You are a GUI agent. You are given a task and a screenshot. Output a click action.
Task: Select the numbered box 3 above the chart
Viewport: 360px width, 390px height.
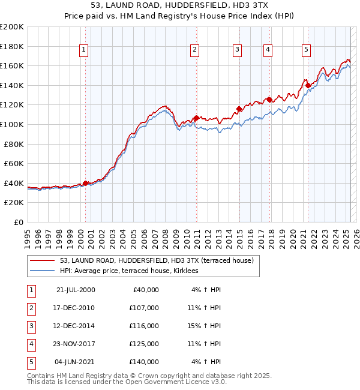238,50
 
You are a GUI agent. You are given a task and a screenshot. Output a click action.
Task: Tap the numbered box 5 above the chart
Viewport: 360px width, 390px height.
306,50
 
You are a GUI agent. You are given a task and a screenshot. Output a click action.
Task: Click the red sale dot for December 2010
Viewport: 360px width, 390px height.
196,118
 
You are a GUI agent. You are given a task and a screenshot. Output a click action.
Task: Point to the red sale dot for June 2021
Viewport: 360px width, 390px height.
308,86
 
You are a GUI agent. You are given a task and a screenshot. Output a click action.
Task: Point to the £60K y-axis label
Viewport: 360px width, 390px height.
14,163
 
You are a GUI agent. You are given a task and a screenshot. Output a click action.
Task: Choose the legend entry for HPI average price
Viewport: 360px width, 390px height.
133,271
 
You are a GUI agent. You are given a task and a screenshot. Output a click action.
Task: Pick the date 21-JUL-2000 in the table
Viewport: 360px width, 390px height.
76,290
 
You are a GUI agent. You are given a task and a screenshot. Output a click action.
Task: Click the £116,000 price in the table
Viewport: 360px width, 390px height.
144,326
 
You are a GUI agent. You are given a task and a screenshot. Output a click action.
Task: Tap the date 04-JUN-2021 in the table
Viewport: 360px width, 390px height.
75,362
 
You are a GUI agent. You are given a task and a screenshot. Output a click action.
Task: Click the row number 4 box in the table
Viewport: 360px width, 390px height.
31,344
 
